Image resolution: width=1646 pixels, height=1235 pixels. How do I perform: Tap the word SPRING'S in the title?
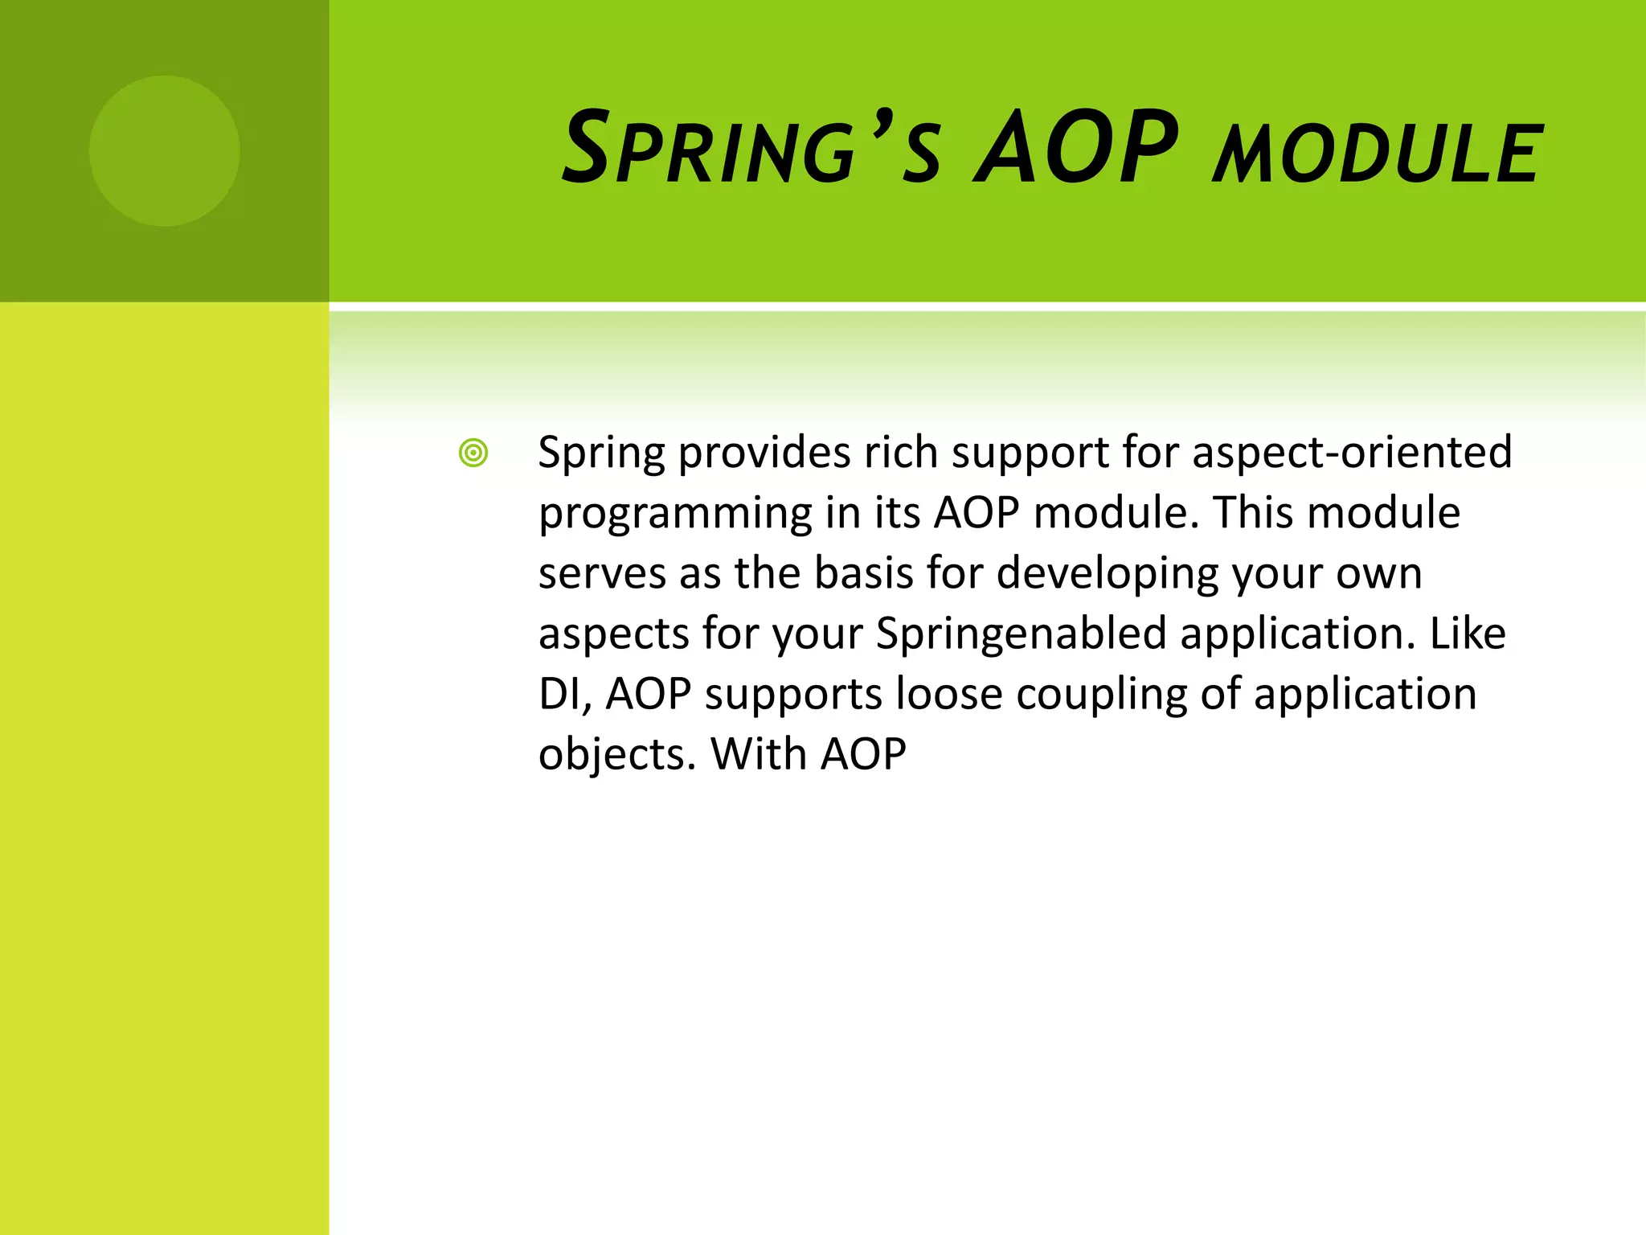tap(751, 150)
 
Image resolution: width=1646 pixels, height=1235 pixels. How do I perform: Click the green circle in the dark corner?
tap(164, 150)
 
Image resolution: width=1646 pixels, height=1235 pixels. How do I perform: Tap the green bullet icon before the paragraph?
tap(473, 453)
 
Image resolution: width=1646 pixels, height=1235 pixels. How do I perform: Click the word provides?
tap(764, 453)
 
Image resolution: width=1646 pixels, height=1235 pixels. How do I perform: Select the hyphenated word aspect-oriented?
tap(1352, 453)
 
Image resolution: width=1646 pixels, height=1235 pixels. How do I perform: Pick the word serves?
tap(602, 575)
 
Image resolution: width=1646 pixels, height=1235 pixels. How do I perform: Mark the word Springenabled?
tap(1021, 634)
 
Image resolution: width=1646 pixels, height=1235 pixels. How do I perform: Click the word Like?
tap(1467, 634)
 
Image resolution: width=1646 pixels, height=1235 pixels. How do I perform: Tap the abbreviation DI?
tap(563, 695)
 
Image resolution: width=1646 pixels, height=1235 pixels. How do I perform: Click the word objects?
tap(615, 756)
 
